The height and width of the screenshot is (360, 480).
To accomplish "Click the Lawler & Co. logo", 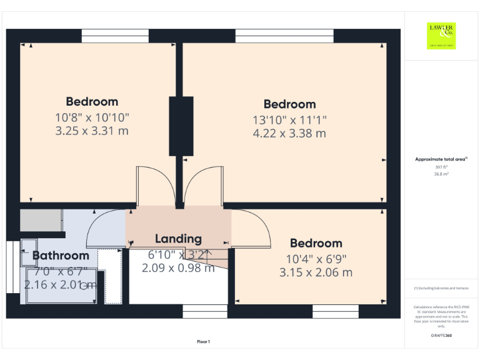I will (441, 36).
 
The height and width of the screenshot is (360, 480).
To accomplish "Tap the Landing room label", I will (178, 238).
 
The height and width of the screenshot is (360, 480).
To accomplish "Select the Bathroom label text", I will (61, 256).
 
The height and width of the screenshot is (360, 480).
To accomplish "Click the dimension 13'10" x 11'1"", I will (289, 119).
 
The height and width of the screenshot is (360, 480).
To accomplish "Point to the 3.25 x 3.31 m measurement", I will (92, 131).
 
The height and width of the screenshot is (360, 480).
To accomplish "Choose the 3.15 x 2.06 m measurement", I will (316, 272).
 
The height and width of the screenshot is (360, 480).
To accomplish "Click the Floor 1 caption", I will (203, 341).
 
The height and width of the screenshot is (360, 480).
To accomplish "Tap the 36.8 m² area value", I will (441, 174).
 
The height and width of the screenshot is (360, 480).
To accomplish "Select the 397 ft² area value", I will (441, 167).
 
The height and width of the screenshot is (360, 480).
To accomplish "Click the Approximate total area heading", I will (441, 159).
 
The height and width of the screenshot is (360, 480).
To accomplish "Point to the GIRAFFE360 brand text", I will (441, 336).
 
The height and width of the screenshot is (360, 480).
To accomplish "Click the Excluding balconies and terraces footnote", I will (441, 288).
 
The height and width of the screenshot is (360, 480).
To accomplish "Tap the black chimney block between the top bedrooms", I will (181, 126).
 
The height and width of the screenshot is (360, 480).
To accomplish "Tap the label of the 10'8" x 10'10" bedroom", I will (92, 102).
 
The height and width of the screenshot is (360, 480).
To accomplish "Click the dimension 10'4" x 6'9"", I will (316, 258).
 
